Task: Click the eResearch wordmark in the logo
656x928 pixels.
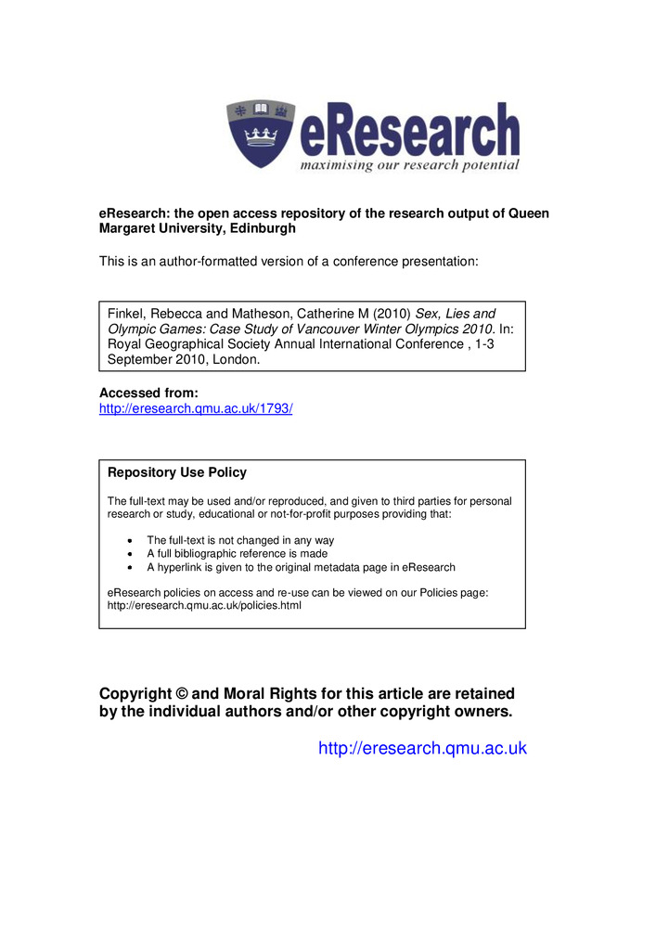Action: pyautogui.click(x=409, y=132)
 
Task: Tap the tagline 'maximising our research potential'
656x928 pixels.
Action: pyautogui.click(x=409, y=165)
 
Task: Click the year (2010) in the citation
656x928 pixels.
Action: pyautogui.click(x=389, y=315)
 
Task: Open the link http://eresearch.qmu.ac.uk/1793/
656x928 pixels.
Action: pyautogui.click(x=196, y=408)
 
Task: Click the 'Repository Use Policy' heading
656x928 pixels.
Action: pyautogui.click(x=177, y=472)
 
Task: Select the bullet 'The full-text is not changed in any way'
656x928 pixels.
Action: pyautogui.click(x=240, y=540)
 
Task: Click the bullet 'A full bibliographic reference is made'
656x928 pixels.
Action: pyautogui.click(x=237, y=554)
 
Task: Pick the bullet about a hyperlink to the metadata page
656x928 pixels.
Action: pyautogui.click(x=301, y=567)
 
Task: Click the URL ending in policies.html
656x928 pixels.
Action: pyautogui.click(x=205, y=606)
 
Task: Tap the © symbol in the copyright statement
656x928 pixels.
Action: pyautogui.click(x=177, y=694)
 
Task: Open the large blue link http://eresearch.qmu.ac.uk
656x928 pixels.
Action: pyautogui.click(x=422, y=748)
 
